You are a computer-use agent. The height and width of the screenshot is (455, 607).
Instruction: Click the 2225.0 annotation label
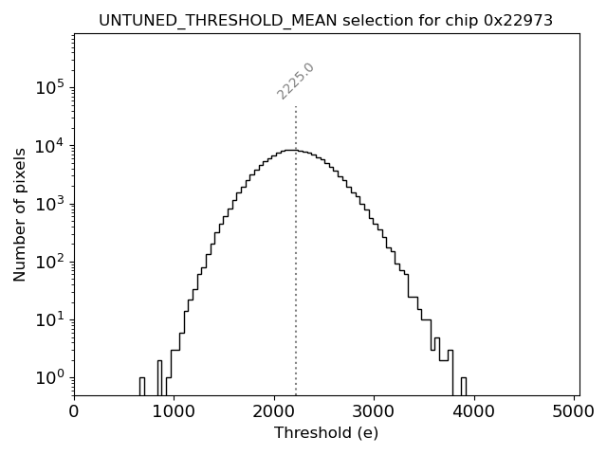(296, 81)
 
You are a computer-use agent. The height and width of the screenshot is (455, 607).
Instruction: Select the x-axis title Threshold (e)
(325, 433)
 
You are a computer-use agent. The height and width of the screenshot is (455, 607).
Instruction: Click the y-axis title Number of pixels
(20, 214)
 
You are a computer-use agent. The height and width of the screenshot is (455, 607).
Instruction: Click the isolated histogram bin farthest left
(141, 387)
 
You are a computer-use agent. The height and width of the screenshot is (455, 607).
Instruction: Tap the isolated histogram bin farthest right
(463, 387)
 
